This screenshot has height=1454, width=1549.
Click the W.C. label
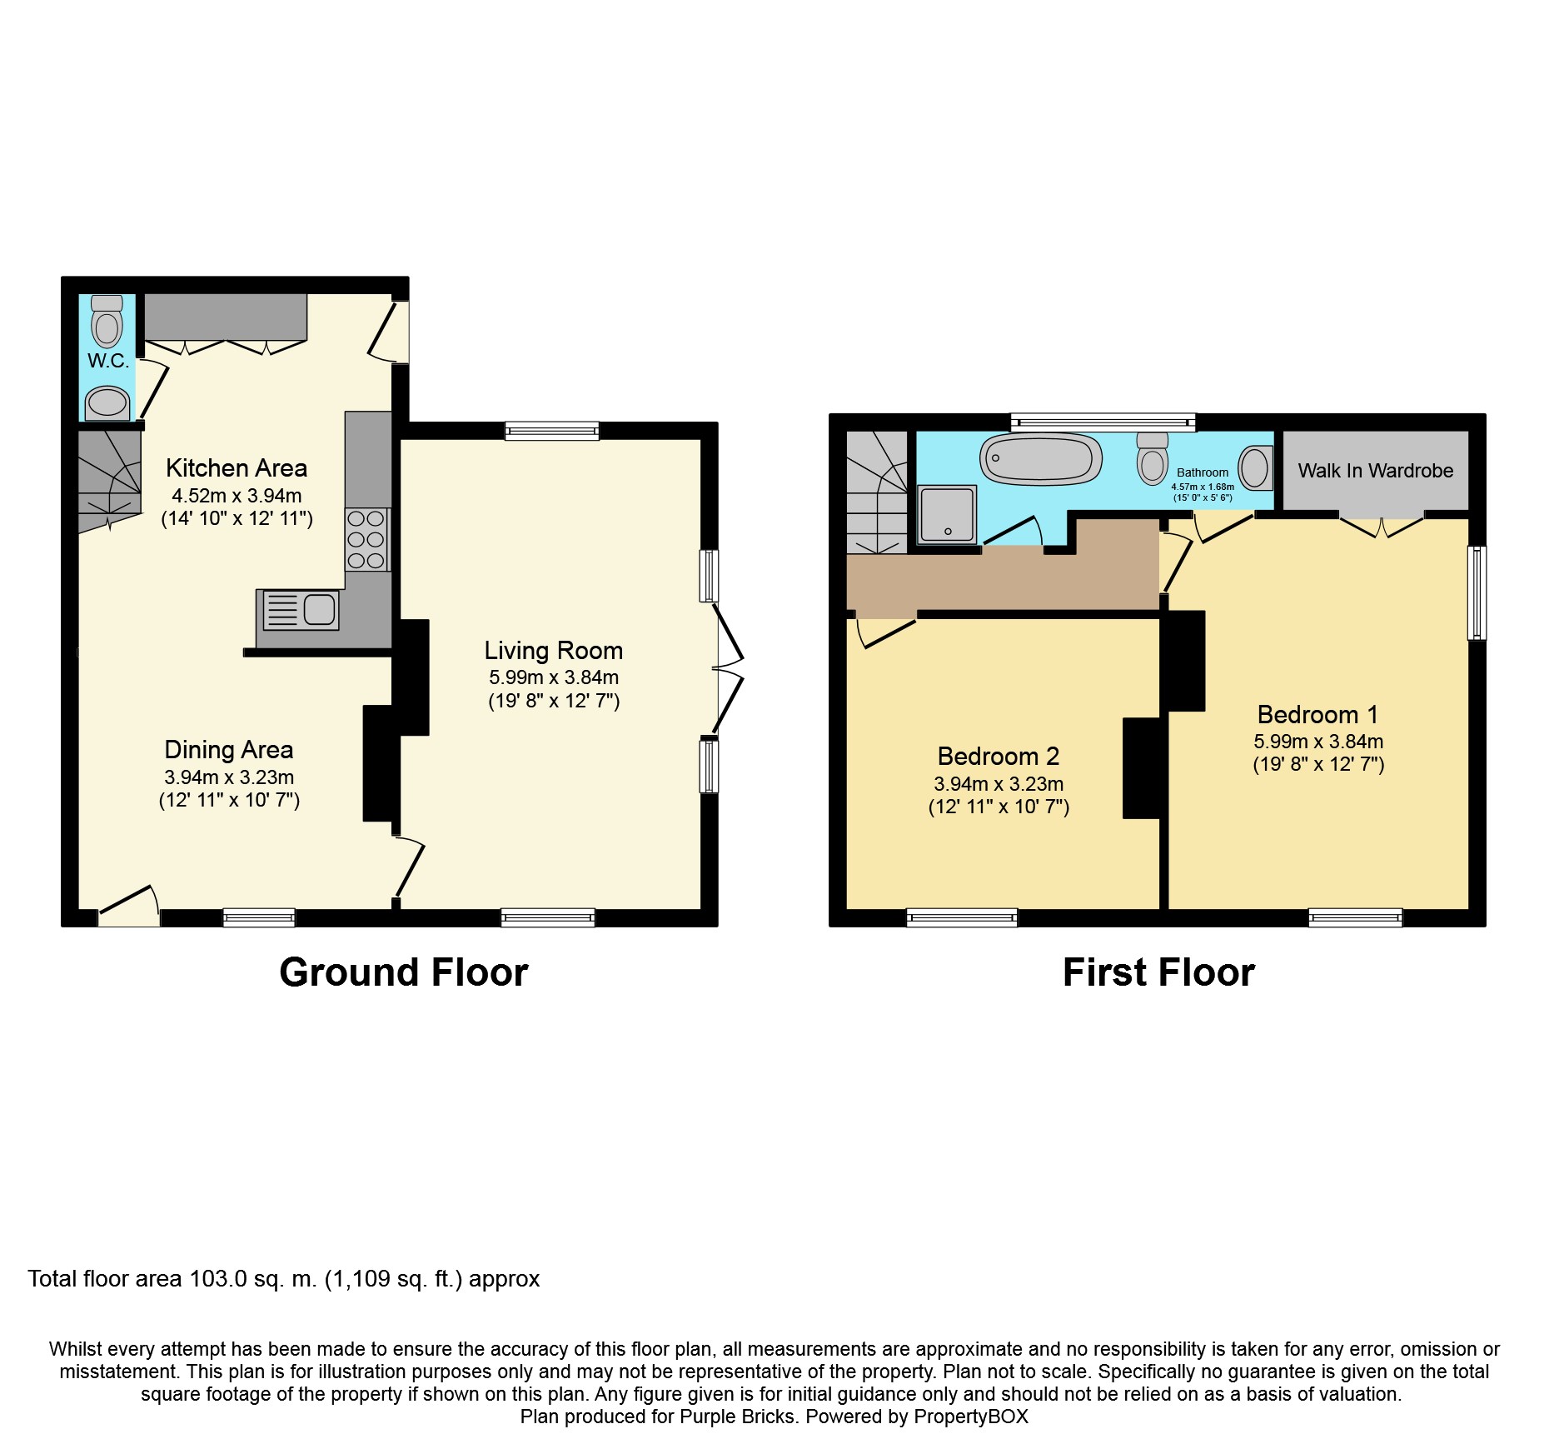pos(108,361)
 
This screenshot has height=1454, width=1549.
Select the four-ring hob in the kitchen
pos(366,539)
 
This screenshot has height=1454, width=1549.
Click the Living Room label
pos(553,650)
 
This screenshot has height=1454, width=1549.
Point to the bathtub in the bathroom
pos(1040,459)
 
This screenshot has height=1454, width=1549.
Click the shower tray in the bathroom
pos(947,513)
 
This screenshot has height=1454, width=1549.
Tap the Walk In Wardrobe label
pos(1375,471)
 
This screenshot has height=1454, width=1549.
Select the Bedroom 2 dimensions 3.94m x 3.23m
pos(999,784)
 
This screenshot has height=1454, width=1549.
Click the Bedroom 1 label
pos(1317,714)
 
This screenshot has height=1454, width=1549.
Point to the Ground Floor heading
pos(403,972)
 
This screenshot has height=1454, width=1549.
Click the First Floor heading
pos(1158,972)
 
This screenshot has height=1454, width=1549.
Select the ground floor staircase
pos(109,480)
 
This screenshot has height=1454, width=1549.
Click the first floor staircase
pos(877,492)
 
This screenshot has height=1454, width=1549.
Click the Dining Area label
pos(228,750)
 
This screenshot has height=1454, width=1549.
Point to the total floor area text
pos(283,1279)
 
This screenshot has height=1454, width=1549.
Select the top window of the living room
pos(551,431)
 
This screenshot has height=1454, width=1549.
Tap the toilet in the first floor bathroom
pos(1153,460)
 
